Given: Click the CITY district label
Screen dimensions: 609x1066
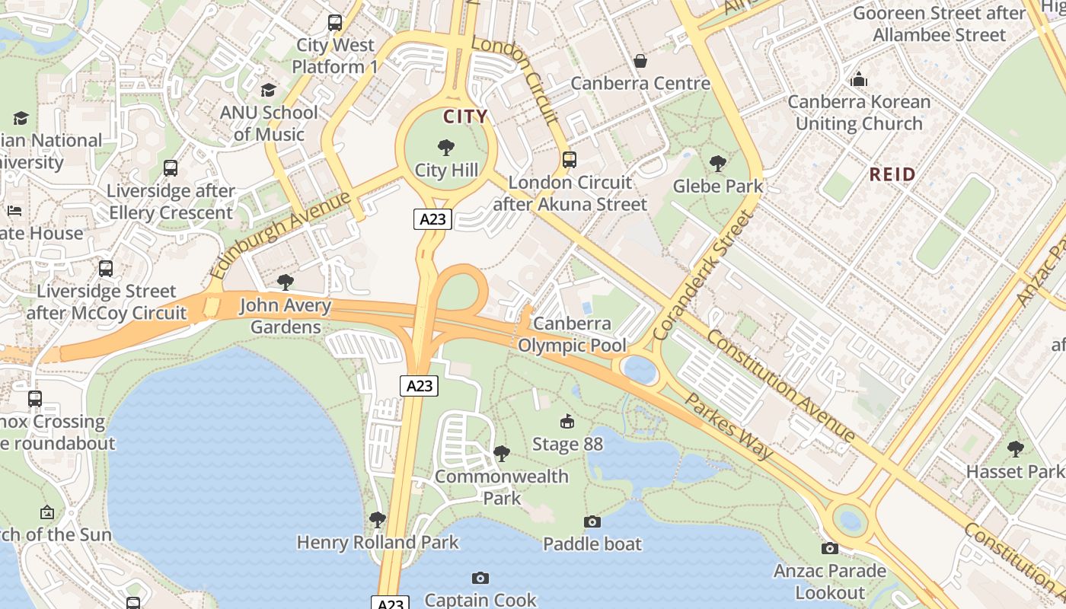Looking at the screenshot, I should pyautogui.click(x=465, y=116).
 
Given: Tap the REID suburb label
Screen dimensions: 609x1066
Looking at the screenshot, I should pyautogui.click(x=892, y=174).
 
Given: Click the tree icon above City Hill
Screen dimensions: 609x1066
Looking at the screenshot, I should pyautogui.click(x=446, y=148).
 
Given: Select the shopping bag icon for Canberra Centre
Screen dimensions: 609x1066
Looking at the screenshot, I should pyautogui.click(x=640, y=60).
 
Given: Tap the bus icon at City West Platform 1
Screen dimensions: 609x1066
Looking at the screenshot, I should pyautogui.click(x=335, y=23).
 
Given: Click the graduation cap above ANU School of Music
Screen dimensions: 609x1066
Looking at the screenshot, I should pyautogui.click(x=268, y=91).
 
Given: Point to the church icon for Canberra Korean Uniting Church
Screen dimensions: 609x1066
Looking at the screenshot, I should pyautogui.click(x=859, y=79).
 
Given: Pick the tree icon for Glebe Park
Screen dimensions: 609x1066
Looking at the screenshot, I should pyautogui.click(x=717, y=163).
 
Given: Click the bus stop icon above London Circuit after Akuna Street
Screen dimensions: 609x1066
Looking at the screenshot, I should pyautogui.click(x=570, y=160).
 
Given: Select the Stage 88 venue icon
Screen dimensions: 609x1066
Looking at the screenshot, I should pyautogui.click(x=567, y=421).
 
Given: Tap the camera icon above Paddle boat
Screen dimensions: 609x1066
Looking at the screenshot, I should pyautogui.click(x=592, y=521).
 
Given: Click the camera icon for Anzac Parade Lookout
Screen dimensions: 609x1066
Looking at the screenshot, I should pyautogui.click(x=830, y=548).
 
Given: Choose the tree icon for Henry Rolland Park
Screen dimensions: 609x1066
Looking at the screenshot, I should pyautogui.click(x=377, y=520).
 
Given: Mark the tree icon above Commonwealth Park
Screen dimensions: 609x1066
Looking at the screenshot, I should pyautogui.click(x=502, y=454).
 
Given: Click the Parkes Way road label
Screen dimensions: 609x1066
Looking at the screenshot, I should pyautogui.click(x=729, y=426).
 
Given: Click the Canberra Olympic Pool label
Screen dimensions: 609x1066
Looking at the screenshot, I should pyautogui.click(x=572, y=334).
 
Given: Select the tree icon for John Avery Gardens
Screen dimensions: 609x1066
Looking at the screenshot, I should pyautogui.click(x=286, y=283).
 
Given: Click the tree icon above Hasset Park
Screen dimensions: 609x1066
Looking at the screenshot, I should pyautogui.click(x=1015, y=449).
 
